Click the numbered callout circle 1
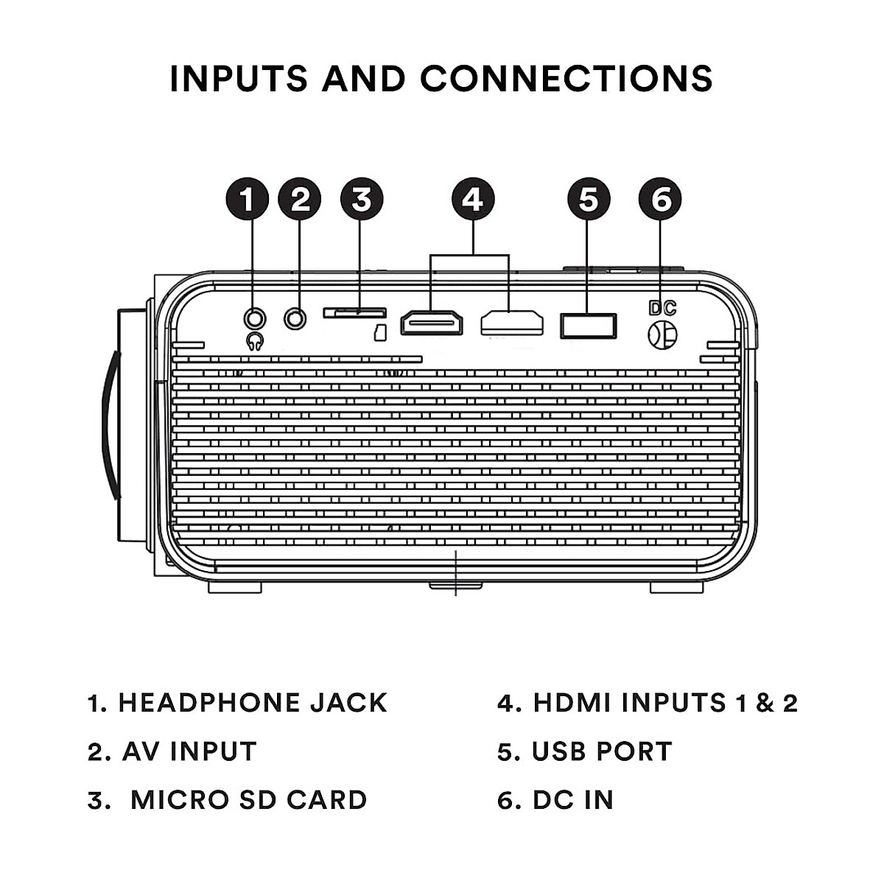tap(248, 199)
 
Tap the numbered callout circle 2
tap(300, 199)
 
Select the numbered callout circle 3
tap(362, 199)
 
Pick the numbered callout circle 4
tap(473, 199)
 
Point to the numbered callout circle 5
tap(589, 199)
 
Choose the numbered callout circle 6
tap(660, 199)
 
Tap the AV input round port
tap(295, 318)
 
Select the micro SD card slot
tap(355, 313)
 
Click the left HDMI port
tap(432, 323)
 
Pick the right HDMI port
tap(512, 323)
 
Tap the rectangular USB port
tap(589, 326)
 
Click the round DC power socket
tap(662, 334)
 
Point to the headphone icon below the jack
tap(255, 342)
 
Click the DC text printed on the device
tap(663, 308)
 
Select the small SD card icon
tap(380, 333)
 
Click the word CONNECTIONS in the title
tap(566, 78)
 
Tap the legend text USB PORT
tap(602, 751)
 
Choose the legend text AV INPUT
tap(189, 751)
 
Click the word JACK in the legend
tap(348, 703)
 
